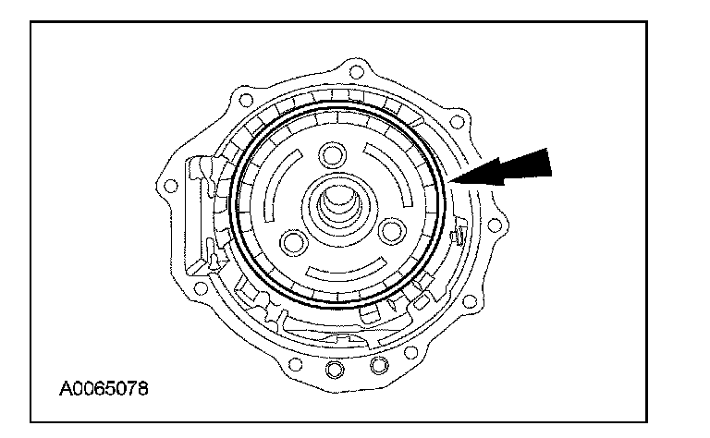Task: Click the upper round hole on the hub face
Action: coord(330,154)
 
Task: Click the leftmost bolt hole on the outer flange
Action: coord(169,187)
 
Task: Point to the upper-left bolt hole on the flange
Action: coord(244,96)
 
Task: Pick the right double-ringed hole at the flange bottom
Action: coord(377,368)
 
